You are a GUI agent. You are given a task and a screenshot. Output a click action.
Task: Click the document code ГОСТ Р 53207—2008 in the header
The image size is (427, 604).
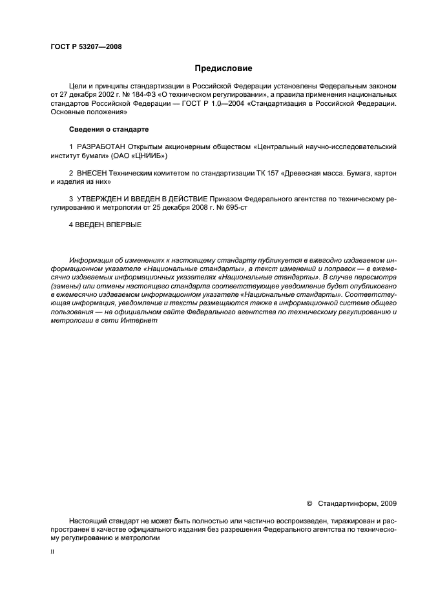86,46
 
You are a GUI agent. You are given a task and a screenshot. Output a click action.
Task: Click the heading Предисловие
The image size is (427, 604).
224,68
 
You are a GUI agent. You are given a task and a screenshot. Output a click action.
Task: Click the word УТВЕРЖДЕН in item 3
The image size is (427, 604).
103,201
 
